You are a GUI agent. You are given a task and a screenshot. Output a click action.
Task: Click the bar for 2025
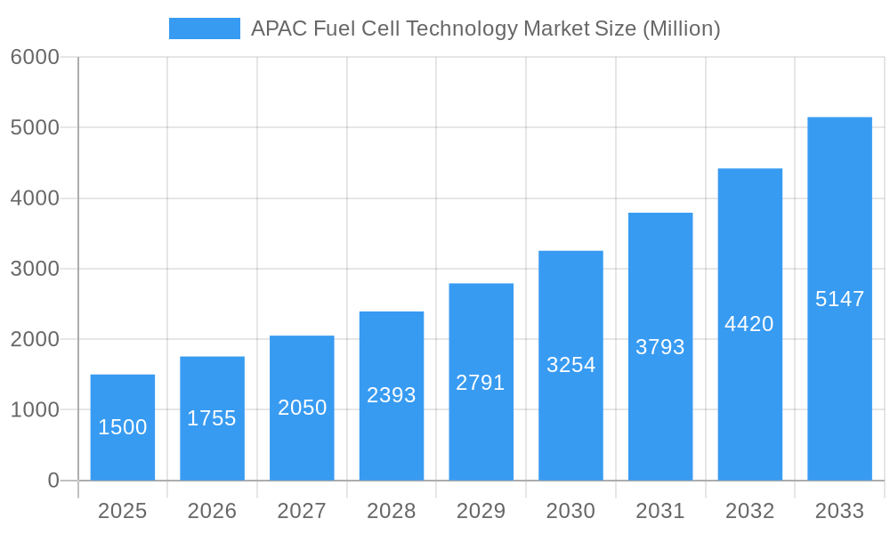point(123,427)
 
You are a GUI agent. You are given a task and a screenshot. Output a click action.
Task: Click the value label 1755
point(212,418)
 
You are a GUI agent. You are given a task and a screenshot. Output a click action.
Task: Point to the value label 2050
point(303,408)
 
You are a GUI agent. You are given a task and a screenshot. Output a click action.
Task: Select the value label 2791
point(481,383)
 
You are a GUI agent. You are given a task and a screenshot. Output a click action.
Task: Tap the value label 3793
point(660,347)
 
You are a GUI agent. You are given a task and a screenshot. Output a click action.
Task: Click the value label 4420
point(749,324)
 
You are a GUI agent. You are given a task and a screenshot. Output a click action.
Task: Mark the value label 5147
point(839,299)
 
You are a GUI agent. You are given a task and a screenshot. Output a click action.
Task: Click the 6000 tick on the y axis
point(35,57)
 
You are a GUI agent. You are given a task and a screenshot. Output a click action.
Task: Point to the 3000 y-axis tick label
point(35,269)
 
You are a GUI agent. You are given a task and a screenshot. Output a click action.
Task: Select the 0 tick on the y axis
point(53,481)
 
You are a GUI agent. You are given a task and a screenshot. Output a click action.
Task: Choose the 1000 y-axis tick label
point(35,410)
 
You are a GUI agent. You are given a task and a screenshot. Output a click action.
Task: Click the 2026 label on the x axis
point(212,511)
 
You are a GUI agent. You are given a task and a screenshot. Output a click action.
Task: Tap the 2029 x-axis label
point(481,511)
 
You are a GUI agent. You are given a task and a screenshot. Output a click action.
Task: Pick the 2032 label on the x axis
point(749,511)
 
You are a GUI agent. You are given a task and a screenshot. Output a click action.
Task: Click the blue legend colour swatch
point(205,28)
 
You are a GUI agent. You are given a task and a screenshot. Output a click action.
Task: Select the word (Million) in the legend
point(681,28)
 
